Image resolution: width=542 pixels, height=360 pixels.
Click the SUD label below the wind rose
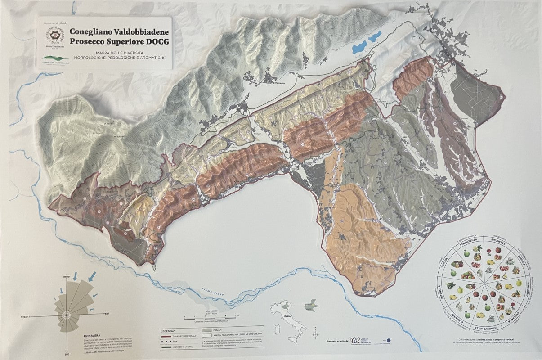pyautogui.click(x=67, y=353)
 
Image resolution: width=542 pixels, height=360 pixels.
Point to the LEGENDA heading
pyautogui.click(x=168, y=331)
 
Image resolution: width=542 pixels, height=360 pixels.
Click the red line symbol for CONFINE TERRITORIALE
pyautogui.click(x=167, y=336)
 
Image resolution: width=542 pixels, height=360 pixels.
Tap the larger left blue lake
pyautogui.click(x=360, y=45)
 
